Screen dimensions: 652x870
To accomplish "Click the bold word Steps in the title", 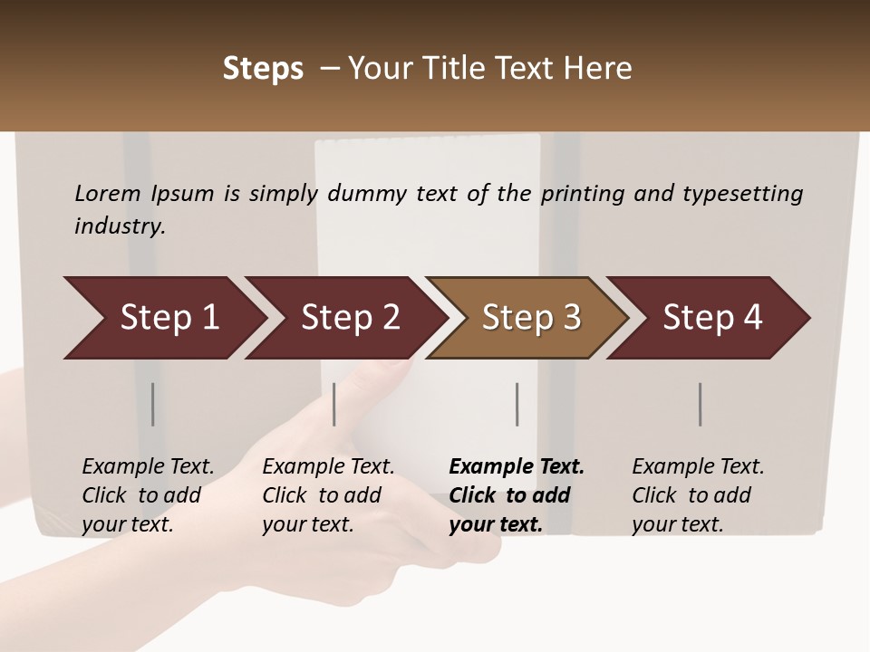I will click(263, 69).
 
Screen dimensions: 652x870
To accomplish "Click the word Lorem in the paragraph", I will click(108, 194).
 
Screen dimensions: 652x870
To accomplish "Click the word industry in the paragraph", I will click(120, 226).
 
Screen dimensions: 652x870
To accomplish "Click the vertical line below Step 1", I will click(153, 404).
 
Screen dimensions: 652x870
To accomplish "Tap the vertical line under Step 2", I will click(334, 404).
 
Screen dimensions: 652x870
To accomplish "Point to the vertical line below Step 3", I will click(517, 404).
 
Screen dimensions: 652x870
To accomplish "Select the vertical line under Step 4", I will click(700, 404).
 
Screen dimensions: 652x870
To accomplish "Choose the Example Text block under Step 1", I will click(148, 495).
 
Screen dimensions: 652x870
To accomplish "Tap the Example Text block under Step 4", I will click(698, 495).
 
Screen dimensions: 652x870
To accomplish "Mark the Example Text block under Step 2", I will click(328, 495).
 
